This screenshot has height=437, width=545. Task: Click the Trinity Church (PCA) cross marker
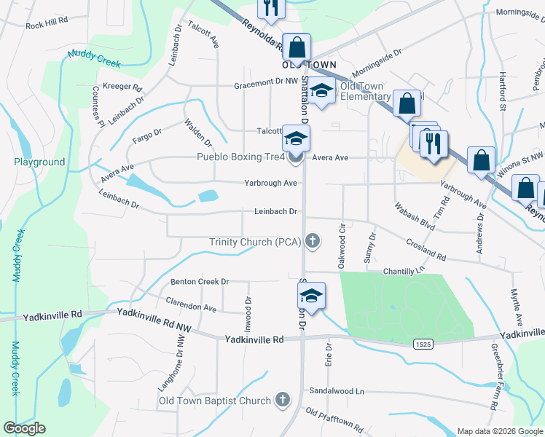(x=313, y=241)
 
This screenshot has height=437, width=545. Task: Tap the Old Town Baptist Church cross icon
(x=283, y=400)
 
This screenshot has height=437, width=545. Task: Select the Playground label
(x=39, y=162)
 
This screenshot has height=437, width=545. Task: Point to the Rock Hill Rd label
(x=46, y=25)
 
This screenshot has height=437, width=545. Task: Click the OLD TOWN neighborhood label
(x=309, y=65)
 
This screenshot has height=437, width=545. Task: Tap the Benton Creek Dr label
(x=200, y=281)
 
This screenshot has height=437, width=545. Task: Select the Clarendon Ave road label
(x=192, y=304)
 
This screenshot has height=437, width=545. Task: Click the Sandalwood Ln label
(x=337, y=390)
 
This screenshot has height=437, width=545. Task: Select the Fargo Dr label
(x=146, y=130)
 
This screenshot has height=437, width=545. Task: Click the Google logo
(x=24, y=428)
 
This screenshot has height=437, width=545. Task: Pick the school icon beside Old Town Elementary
(x=320, y=91)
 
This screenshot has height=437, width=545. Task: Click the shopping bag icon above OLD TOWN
(x=297, y=48)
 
